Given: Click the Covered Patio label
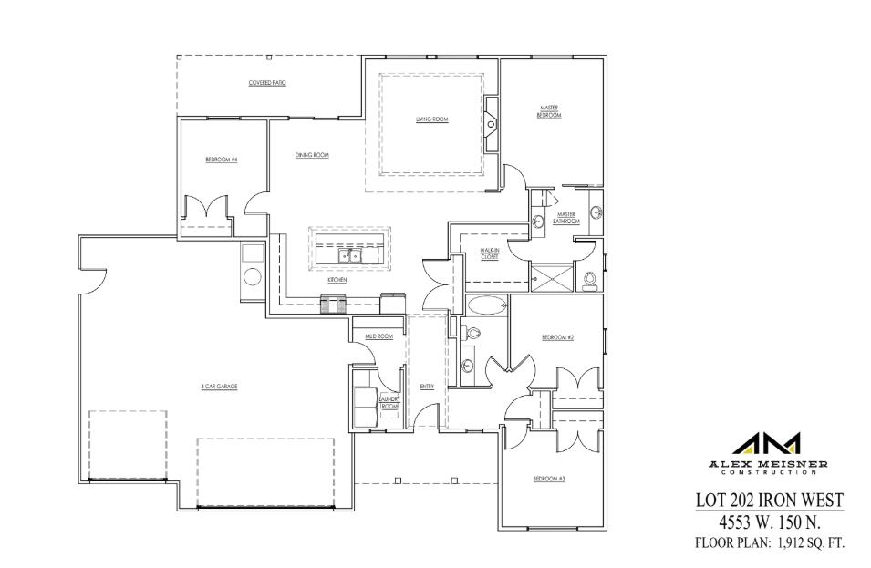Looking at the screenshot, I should point(267,83).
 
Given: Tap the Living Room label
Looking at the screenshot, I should point(431,119).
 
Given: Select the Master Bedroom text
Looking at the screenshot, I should point(548,112).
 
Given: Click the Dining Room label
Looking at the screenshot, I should point(311,156).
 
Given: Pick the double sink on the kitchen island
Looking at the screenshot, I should point(350,256).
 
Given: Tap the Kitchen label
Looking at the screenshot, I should point(337,281).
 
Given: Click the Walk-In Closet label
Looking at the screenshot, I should point(490,255).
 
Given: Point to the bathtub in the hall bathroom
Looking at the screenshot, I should point(486,304).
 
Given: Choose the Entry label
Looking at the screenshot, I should point(427,387).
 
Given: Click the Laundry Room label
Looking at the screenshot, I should point(389,401).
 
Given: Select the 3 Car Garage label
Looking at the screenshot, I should point(219,387).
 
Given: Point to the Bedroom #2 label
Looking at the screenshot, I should point(556,337).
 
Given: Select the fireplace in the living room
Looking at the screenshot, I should point(491,123).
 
